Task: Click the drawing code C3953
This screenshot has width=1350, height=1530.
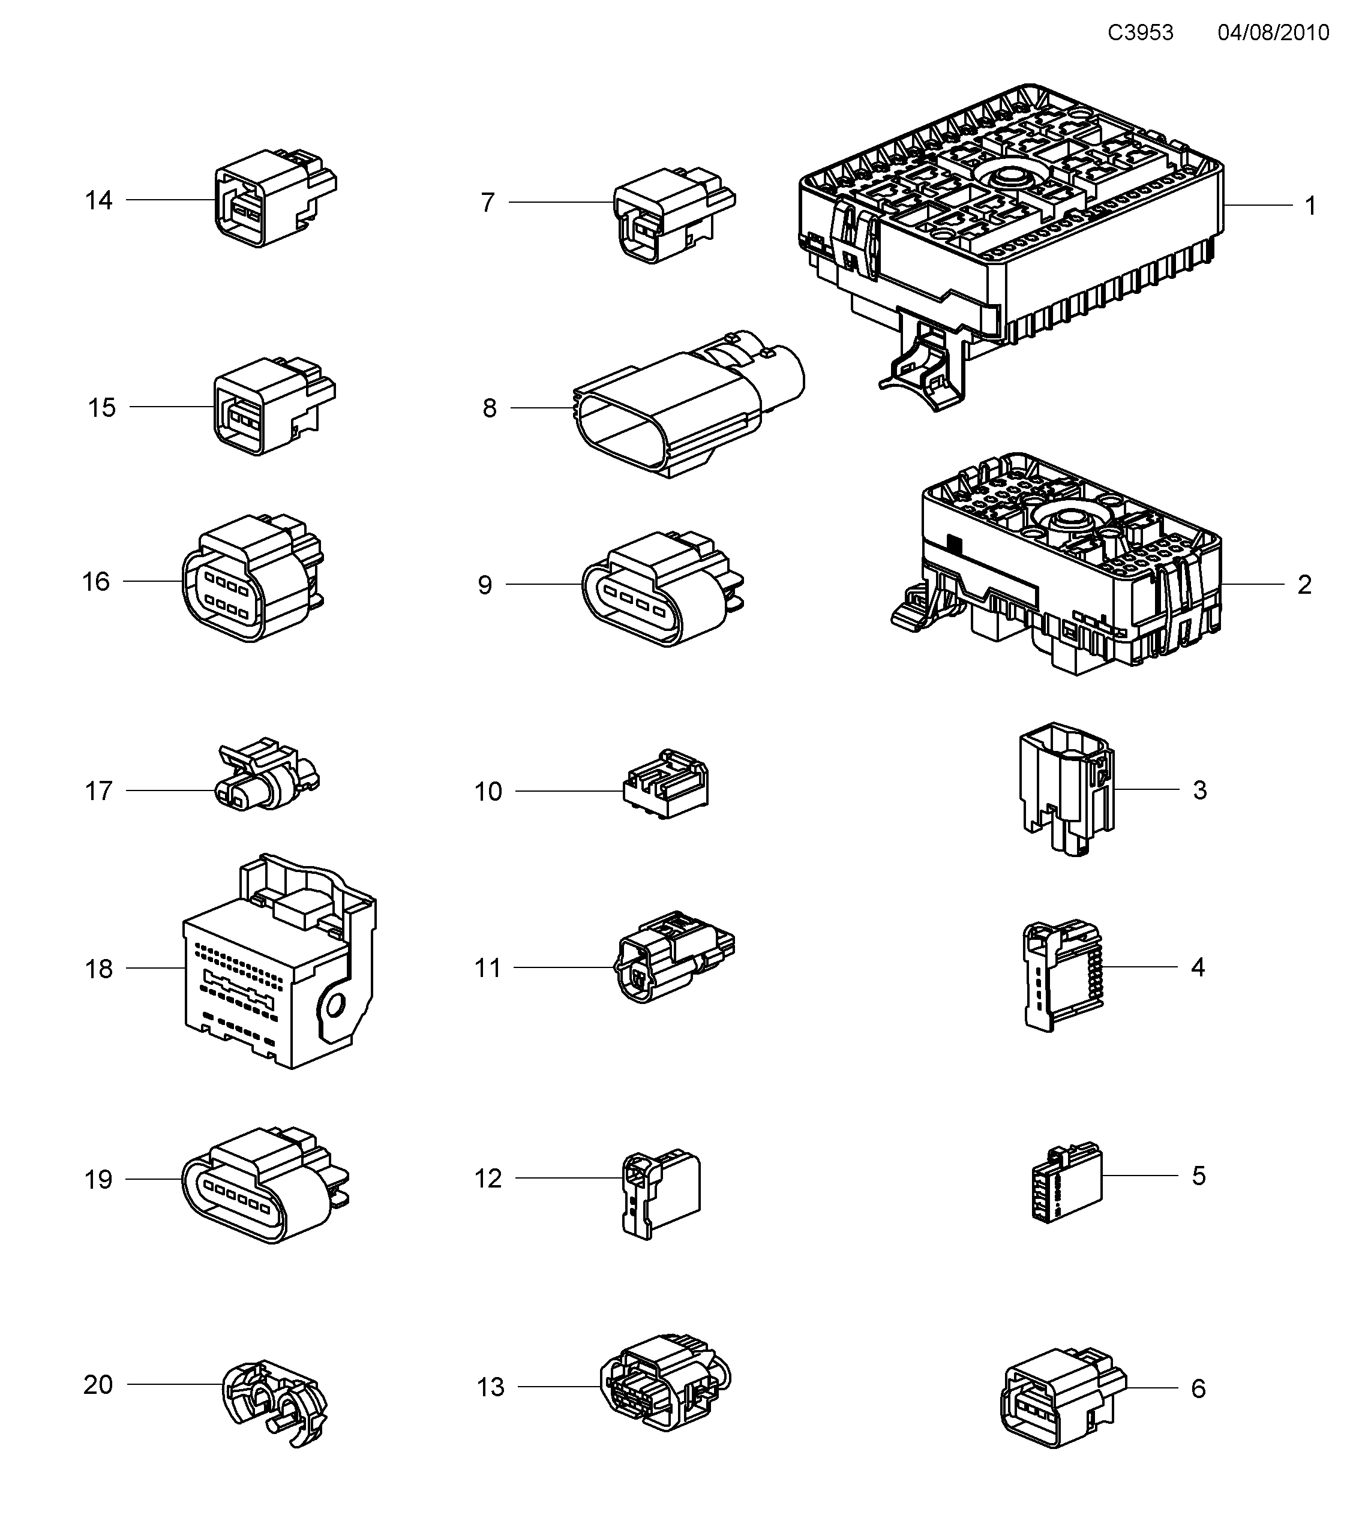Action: (x=1141, y=33)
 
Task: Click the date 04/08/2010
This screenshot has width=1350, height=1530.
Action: (x=1273, y=33)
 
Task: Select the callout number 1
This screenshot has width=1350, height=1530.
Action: (x=1310, y=206)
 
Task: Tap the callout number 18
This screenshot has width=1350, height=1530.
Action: (x=98, y=969)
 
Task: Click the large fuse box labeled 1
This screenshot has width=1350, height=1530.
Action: (x=1011, y=239)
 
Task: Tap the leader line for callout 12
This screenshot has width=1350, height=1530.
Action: (x=569, y=1178)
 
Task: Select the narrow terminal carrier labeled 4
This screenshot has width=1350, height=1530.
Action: (x=1060, y=977)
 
